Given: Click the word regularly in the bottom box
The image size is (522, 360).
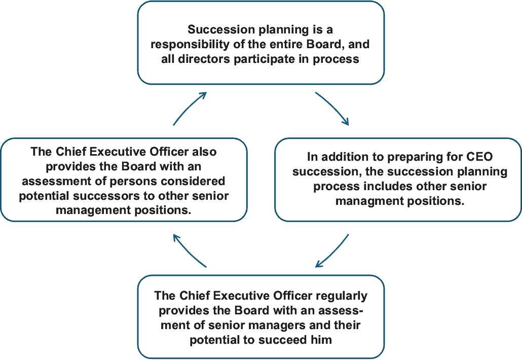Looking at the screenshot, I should click(x=342, y=295).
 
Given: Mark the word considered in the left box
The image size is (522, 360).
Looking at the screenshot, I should click(x=198, y=181).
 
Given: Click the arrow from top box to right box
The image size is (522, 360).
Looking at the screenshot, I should click(x=332, y=108).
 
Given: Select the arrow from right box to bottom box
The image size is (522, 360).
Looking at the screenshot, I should click(x=332, y=250).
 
